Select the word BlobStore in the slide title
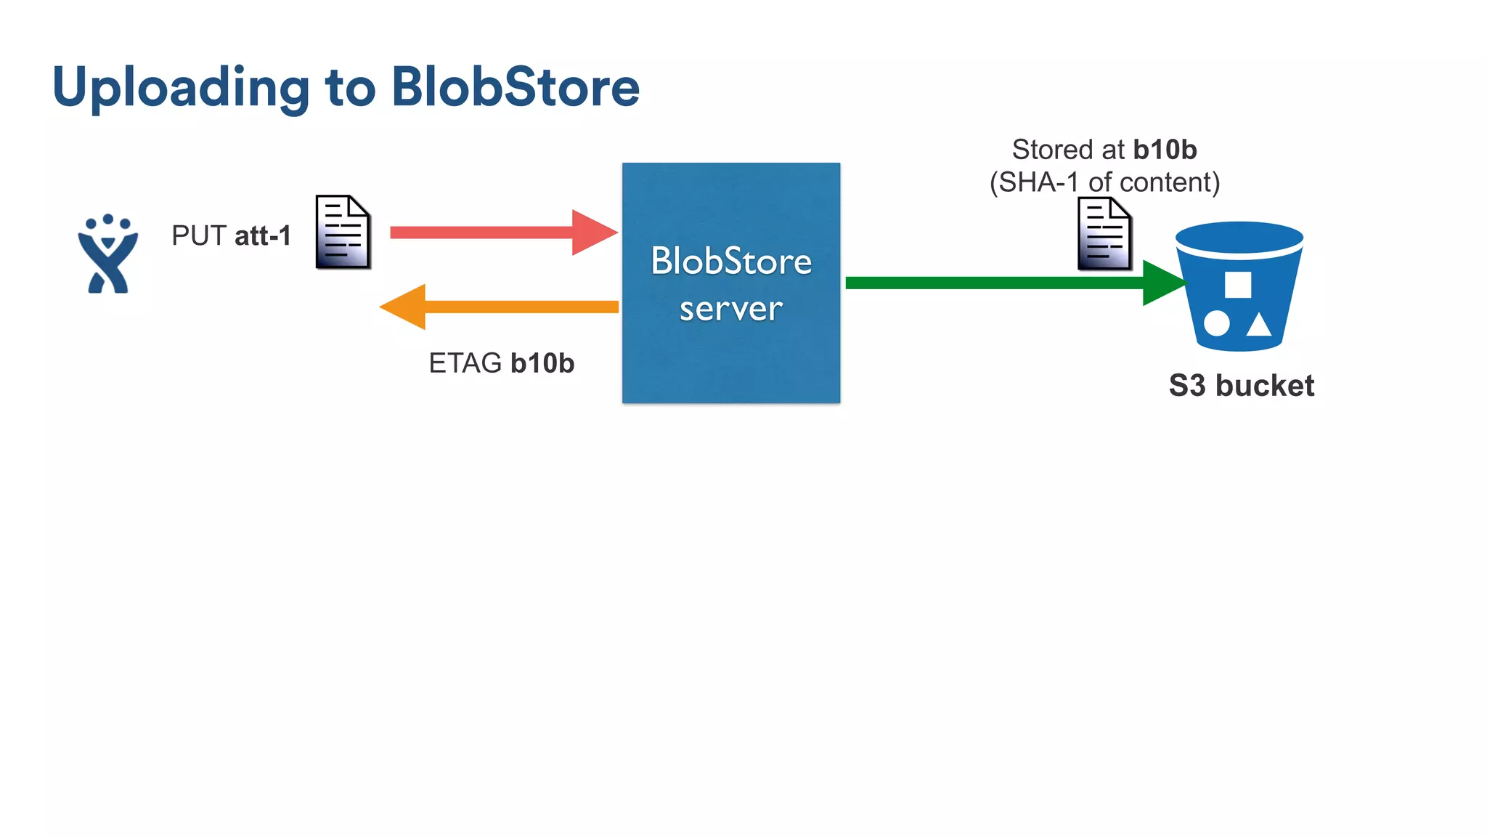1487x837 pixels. coord(516,87)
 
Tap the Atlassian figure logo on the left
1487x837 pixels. coord(108,254)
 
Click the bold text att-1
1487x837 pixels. coord(262,235)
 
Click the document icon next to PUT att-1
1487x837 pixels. coord(343,232)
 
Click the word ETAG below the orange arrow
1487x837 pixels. coord(465,363)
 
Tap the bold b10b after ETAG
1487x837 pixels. coord(542,363)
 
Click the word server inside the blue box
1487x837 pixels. coord(730,309)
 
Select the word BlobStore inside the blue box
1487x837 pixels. coord(730,261)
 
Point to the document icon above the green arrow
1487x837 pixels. coord(1104,234)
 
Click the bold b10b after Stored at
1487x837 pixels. coord(1165,150)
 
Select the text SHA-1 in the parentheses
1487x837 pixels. coord(1038,182)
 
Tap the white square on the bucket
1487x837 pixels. coord(1238,285)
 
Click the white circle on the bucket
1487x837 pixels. coord(1216,323)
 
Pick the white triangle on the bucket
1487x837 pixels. coord(1259,325)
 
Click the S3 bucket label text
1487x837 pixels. coord(1241,385)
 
